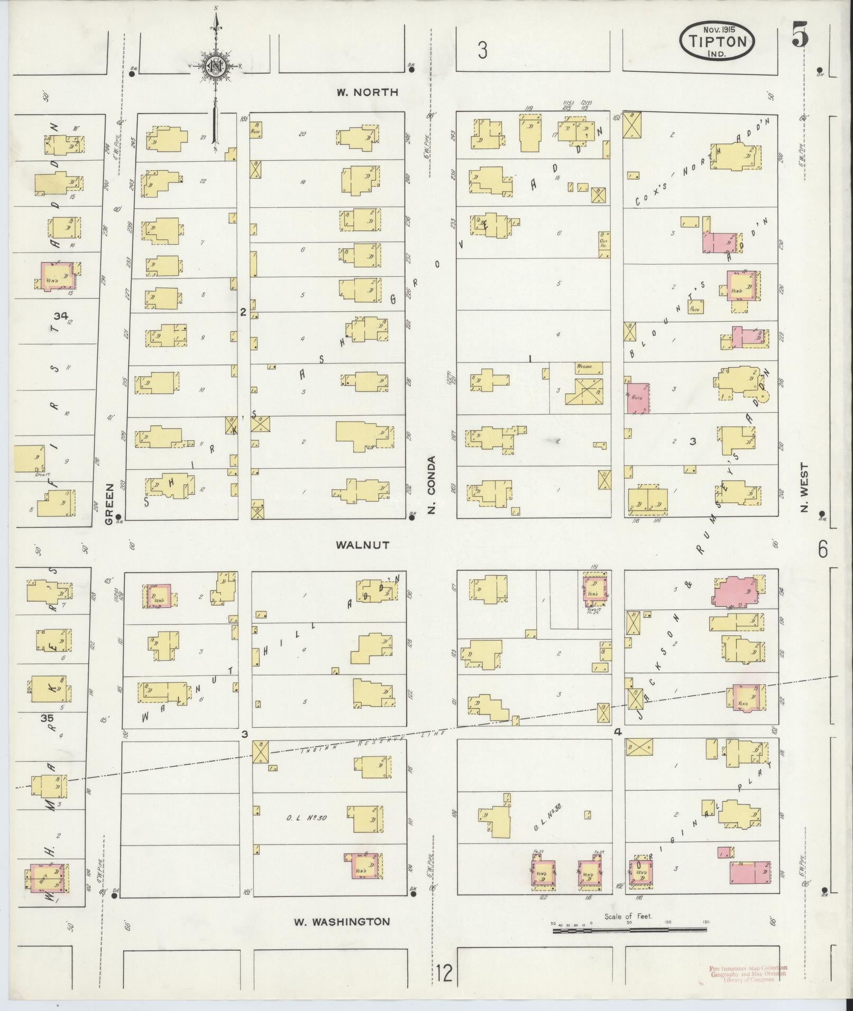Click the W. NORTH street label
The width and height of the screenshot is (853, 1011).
click(x=368, y=92)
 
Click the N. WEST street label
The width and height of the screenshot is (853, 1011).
click(x=805, y=488)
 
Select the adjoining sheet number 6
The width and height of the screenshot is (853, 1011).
click(x=823, y=550)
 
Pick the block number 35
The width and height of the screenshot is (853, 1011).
click(x=47, y=718)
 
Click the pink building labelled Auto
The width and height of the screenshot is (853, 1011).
click(x=638, y=398)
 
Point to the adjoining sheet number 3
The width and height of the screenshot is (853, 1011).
click(x=482, y=51)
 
